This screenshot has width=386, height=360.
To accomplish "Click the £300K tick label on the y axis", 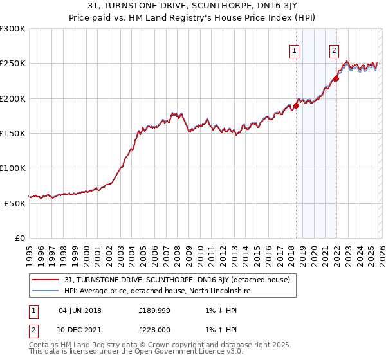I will (13, 29).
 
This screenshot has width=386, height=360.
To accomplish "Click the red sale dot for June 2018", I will (296, 105).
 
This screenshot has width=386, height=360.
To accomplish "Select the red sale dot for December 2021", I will (336, 79).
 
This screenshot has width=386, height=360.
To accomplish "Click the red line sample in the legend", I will (45, 280).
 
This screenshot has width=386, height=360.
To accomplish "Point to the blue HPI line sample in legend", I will (45, 291).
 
